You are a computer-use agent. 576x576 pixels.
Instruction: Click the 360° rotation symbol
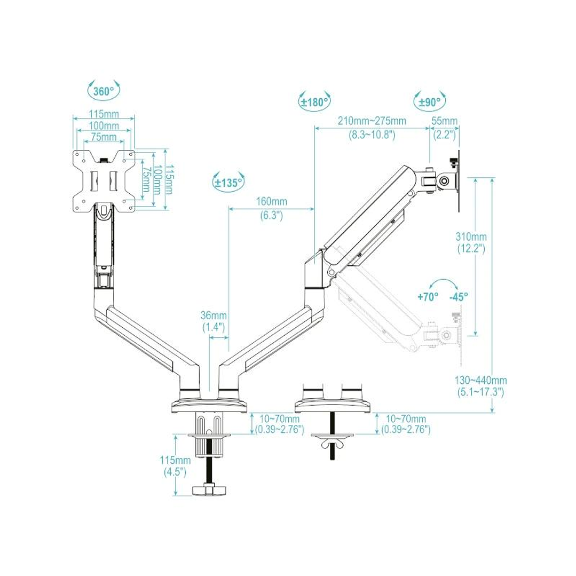(x=104, y=91)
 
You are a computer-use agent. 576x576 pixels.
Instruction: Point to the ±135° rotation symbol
(x=228, y=182)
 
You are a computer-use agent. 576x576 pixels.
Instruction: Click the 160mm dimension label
(x=271, y=202)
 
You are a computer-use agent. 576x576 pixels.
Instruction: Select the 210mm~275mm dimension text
(x=372, y=121)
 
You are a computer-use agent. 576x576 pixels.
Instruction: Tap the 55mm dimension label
(x=444, y=121)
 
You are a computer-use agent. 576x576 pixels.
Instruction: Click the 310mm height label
(x=470, y=236)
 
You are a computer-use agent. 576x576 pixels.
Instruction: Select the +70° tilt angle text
(x=428, y=297)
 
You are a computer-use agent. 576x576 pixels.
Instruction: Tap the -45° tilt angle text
(x=459, y=297)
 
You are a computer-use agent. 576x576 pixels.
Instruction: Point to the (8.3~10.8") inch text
(x=372, y=135)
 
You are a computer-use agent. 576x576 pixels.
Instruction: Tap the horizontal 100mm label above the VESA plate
(x=104, y=126)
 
